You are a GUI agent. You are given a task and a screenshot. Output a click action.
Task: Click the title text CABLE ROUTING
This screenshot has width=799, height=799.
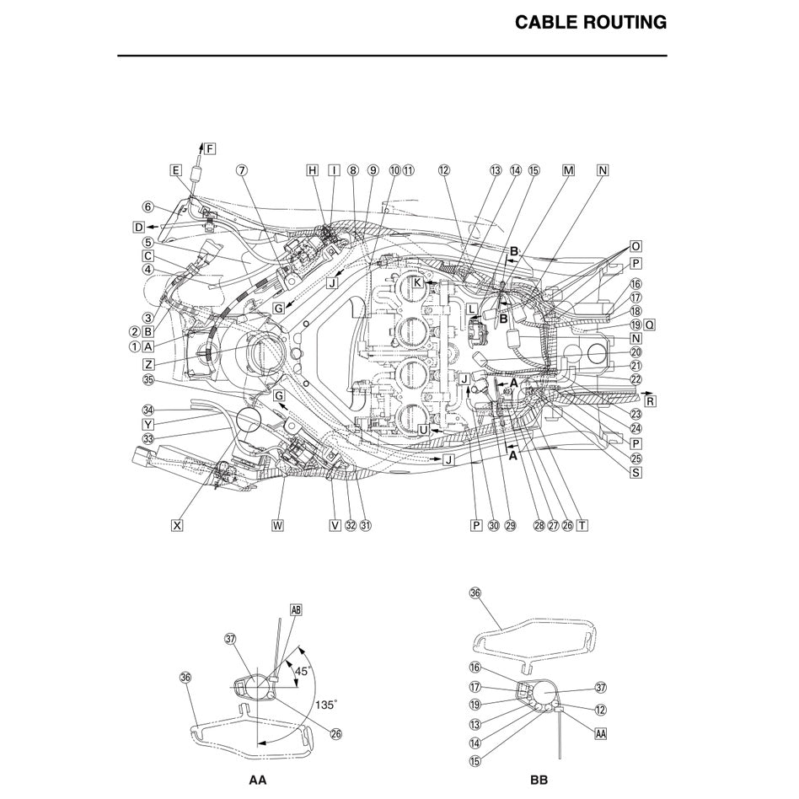pyautogui.click(x=591, y=22)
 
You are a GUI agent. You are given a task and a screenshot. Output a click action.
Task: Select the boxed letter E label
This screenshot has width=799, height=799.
pyautogui.click(x=175, y=170)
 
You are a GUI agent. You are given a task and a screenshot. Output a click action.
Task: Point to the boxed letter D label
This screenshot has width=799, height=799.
pyautogui.click(x=138, y=226)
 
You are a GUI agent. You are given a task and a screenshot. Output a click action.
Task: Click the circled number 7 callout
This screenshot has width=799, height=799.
pyautogui.click(x=242, y=170)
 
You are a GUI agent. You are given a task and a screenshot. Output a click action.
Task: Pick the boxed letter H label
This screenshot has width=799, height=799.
pyautogui.click(x=312, y=170)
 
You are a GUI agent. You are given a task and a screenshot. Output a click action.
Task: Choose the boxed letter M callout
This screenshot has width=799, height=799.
pyautogui.click(x=568, y=170)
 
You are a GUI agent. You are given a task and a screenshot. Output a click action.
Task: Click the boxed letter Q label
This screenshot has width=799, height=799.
pyautogui.click(x=651, y=324)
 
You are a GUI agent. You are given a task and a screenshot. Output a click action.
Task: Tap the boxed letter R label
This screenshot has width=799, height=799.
pyautogui.click(x=651, y=401)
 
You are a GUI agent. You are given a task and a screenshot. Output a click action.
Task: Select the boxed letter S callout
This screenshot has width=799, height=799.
pyautogui.click(x=635, y=473)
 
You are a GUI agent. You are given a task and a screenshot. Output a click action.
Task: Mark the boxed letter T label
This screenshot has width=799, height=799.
pyautogui.click(x=582, y=524)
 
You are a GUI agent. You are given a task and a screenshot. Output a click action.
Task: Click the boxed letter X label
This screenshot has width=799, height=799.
pyautogui.click(x=177, y=524)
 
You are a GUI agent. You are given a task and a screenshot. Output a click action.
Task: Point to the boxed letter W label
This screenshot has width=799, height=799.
pyautogui.click(x=278, y=524)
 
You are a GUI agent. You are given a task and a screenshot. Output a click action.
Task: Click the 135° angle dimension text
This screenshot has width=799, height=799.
pyautogui.click(x=324, y=703)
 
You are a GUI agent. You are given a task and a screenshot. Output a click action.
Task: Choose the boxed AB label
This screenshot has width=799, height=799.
pyautogui.click(x=296, y=610)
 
